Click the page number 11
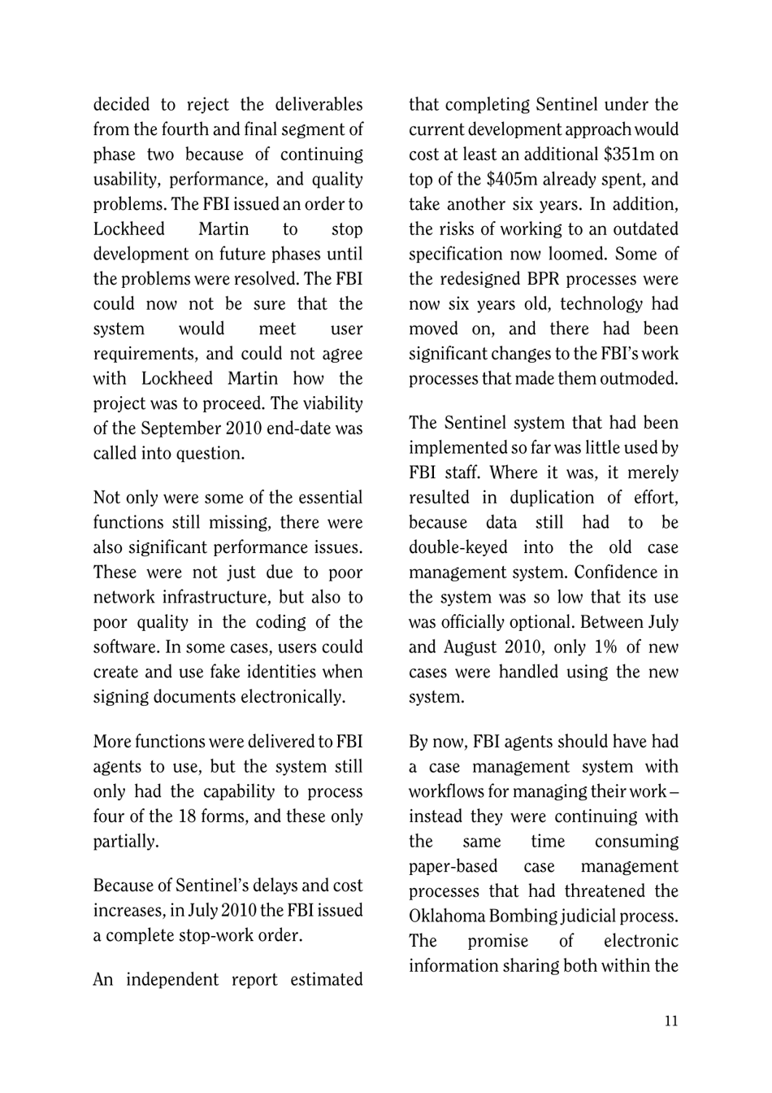670,1021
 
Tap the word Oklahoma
446,917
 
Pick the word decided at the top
122,105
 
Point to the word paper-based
453,866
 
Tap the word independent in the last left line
173,979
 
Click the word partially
125,842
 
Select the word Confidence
604,573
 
